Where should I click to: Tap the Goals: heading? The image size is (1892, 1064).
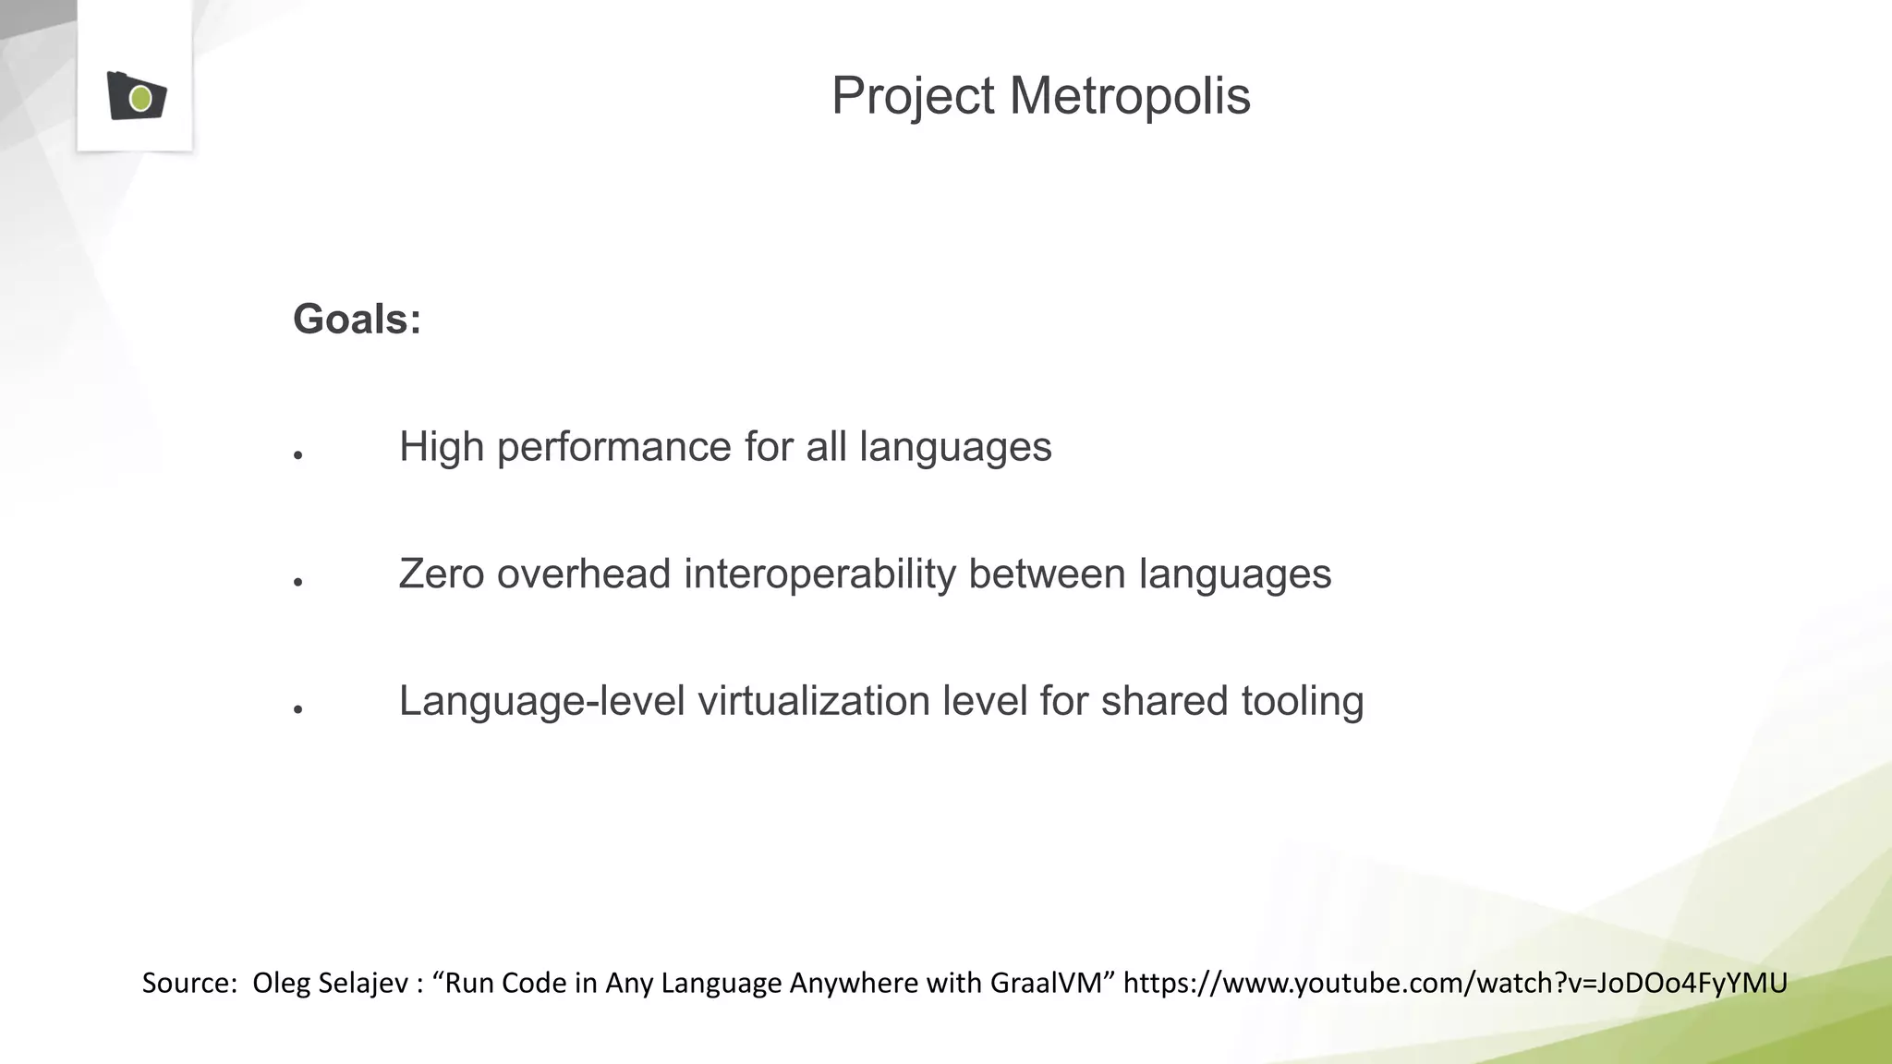click(x=357, y=320)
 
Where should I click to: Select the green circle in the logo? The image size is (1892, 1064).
click(x=140, y=98)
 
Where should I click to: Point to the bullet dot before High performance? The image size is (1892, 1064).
click(x=298, y=455)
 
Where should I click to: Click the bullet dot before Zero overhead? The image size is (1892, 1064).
click(x=298, y=582)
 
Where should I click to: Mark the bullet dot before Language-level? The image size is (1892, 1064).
click(x=298, y=709)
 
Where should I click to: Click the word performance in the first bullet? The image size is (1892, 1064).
click(x=614, y=448)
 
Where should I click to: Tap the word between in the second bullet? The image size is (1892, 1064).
click(x=1047, y=574)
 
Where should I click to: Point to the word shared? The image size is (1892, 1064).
click(x=1164, y=701)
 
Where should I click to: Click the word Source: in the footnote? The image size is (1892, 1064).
click(x=189, y=983)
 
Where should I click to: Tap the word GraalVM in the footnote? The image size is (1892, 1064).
click(x=1046, y=983)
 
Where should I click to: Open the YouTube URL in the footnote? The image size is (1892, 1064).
click(x=1455, y=983)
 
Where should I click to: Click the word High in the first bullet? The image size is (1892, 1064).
click(x=442, y=448)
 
